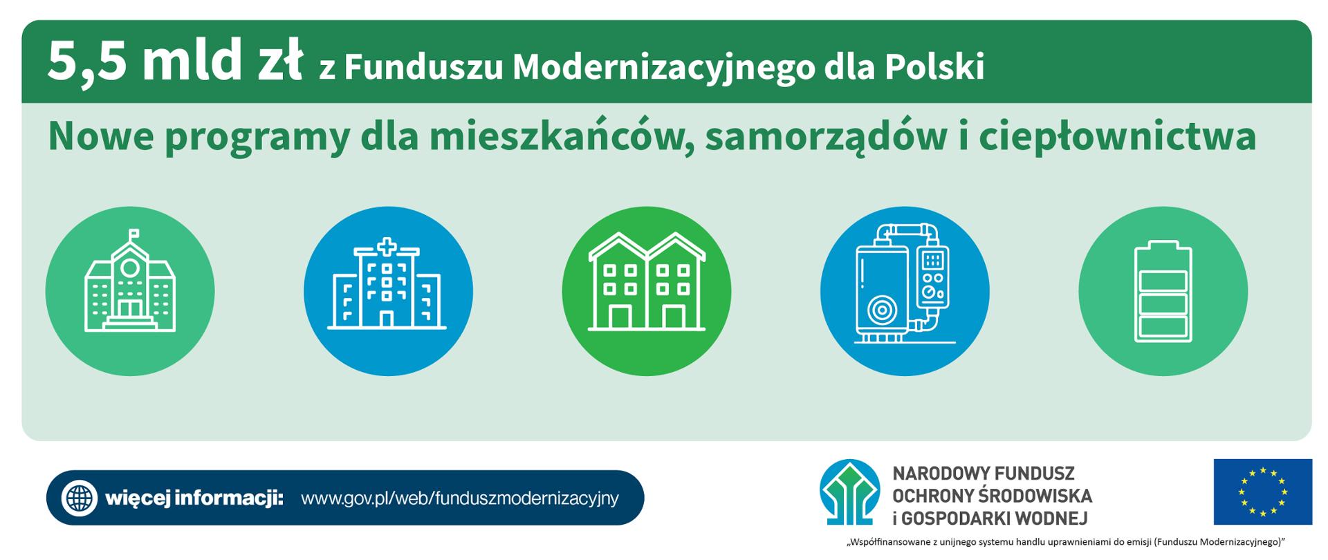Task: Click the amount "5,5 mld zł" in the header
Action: tap(174, 62)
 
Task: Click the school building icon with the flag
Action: tap(130, 290)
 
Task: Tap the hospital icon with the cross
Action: tap(387, 290)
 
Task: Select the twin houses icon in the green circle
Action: tap(647, 290)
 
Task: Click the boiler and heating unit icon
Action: tap(904, 290)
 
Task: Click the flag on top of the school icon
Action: tap(133, 233)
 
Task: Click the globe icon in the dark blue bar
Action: tap(80, 498)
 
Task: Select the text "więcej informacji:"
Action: tap(194, 498)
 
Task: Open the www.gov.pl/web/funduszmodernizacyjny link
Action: tap(460, 498)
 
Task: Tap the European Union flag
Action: tap(1262, 492)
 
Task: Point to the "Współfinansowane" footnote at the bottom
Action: tap(1065, 543)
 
